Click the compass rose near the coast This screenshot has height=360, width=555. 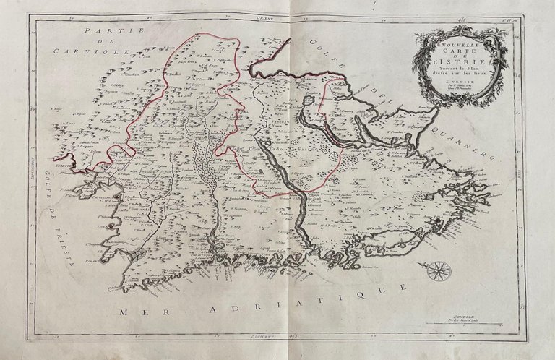[x=436, y=271]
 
